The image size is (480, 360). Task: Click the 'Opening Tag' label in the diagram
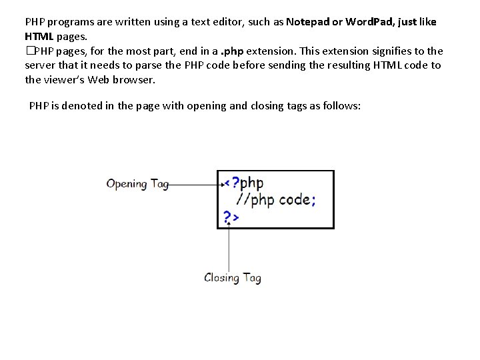(137, 183)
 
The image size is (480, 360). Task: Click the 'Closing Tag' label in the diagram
(232, 277)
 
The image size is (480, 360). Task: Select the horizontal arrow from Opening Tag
(195, 183)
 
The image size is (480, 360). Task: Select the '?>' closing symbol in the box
(231, 217)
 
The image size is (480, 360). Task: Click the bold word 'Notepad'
(309, 21)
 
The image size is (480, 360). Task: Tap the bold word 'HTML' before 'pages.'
(40, 36)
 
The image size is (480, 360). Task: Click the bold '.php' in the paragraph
(233, 51)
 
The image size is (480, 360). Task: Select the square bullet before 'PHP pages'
(29, 51)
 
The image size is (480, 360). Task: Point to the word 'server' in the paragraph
(41, 65)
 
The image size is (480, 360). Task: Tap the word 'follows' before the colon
(338, 105)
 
